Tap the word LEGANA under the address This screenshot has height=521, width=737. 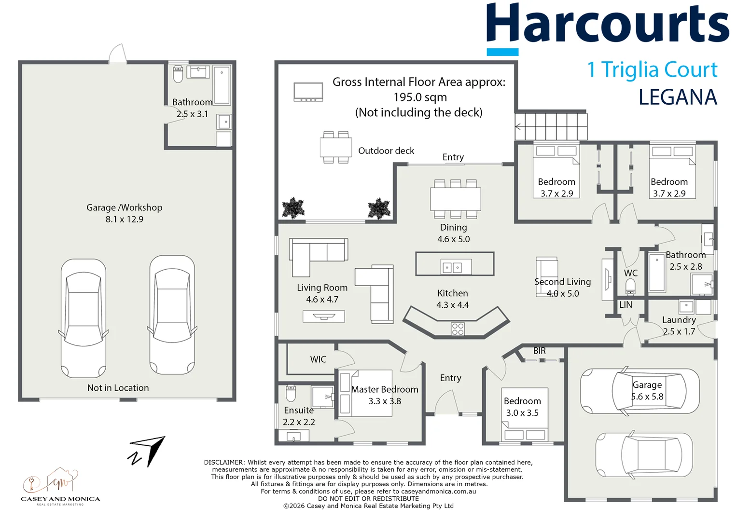click(678, 97)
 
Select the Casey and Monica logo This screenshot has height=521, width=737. click(60, 487)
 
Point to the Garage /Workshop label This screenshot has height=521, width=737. click(125, 207)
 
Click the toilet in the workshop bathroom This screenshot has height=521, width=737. click(178, 74)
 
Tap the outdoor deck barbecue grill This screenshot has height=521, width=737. click(308, 92)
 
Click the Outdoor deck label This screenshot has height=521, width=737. click(386, 151)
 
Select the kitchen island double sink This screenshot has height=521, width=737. click(452, 267)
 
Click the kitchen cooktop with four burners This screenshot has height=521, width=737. click(458, 329)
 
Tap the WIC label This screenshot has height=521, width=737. click(318, 359)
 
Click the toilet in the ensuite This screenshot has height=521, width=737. click(291, 393)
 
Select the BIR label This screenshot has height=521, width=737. click(539, 351)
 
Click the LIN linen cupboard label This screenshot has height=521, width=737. click(626, 305)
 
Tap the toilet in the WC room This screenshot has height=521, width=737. click(630, 286)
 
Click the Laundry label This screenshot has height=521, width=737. click(679, 320)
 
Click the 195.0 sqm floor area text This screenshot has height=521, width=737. click(420, 97)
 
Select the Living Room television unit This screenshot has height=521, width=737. click(324, 316)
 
